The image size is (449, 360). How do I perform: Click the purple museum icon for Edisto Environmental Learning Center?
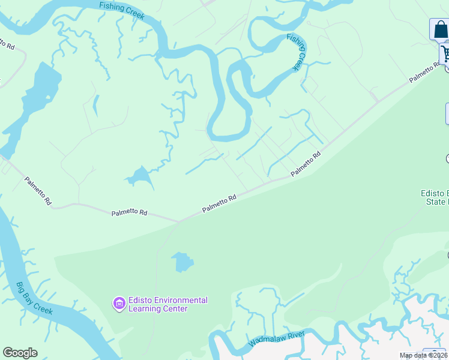click(x=119, y=304)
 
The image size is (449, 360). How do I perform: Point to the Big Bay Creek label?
click(x=34, y=299)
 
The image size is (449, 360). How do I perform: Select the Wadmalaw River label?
click(x=277, y=338)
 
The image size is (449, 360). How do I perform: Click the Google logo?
click(x=20, y=353)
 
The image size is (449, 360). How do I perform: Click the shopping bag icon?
click(x=439, y=29)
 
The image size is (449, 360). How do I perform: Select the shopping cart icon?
click(x=445, y=53)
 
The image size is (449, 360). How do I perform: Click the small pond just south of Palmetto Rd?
click(x=182, y=262)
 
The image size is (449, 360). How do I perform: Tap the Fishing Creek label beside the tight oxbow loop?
click(x=297, y=52)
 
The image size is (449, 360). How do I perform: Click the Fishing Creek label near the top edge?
click(x=122, y=10)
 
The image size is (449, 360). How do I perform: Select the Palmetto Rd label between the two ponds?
click(x=219, y=203)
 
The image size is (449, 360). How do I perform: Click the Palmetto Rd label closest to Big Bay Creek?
click(x=38, y=191)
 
